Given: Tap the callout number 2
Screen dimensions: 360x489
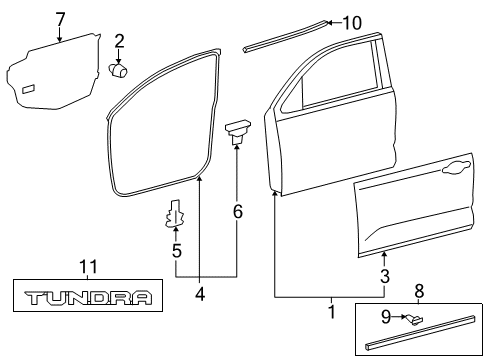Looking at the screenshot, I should (x=119, y=40).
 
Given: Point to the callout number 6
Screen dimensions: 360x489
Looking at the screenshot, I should (x=236, y=210).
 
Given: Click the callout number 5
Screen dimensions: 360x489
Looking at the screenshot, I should (x=176, y=252).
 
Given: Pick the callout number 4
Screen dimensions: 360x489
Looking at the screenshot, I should (x=199, y=294).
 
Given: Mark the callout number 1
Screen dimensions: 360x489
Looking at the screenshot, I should (x=331, y=314).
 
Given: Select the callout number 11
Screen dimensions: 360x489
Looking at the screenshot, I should (x=88, y=266).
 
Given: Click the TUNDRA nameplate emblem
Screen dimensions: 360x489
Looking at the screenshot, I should (x=88, y=298).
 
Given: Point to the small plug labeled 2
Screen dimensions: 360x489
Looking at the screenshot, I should (x=121, y=70).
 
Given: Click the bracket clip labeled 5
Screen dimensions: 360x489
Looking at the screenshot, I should (x=176, y=214).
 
